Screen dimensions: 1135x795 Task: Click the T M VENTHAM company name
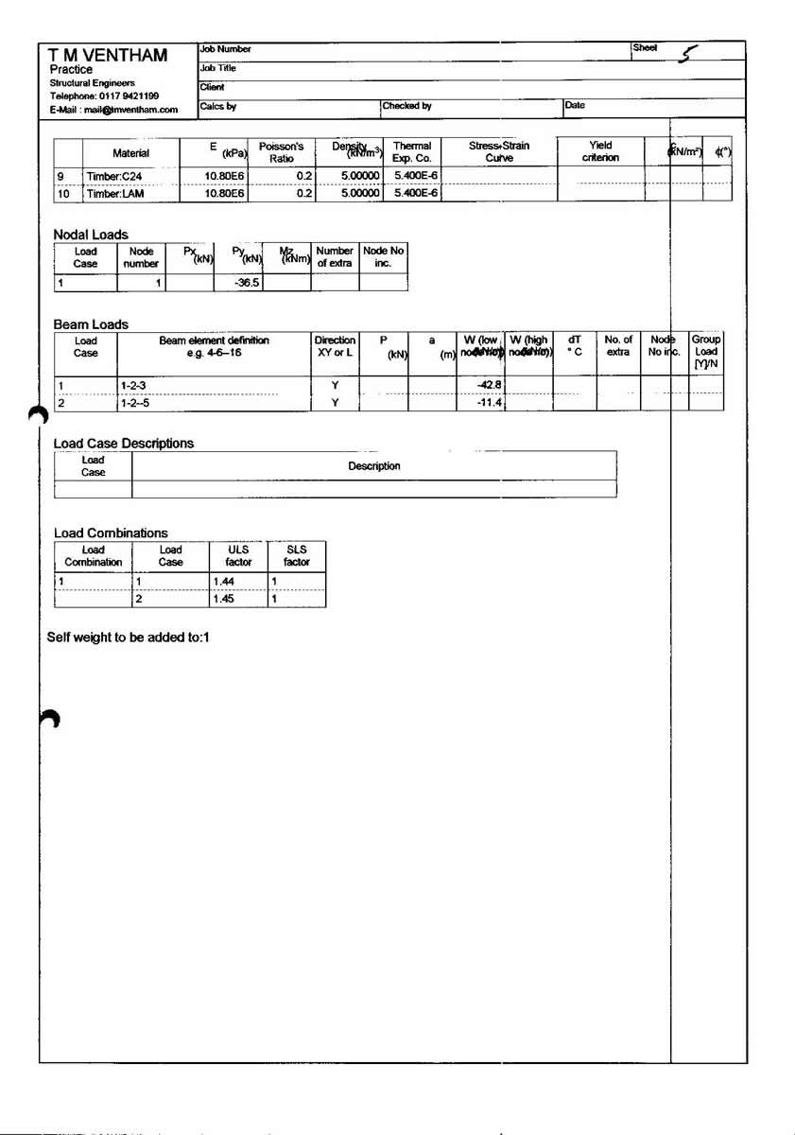[x=108, y=55]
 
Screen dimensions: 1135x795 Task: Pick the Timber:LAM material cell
[x=116, y=193]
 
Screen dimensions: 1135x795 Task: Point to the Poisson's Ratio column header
[x=281, y=152]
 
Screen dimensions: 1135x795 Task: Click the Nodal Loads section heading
[x=91, y=235]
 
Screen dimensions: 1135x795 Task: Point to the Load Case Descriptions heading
[x=123, y=443]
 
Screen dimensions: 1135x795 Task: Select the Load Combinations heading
[x=111, y=533]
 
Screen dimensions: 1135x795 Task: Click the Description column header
[x=373, y=466]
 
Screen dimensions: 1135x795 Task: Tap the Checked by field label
[x=407, y=106]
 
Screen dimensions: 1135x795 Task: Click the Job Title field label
[x=217, y=68]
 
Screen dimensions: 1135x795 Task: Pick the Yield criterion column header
[x=600, y=152]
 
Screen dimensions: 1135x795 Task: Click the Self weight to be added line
[x=128, y=637]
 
